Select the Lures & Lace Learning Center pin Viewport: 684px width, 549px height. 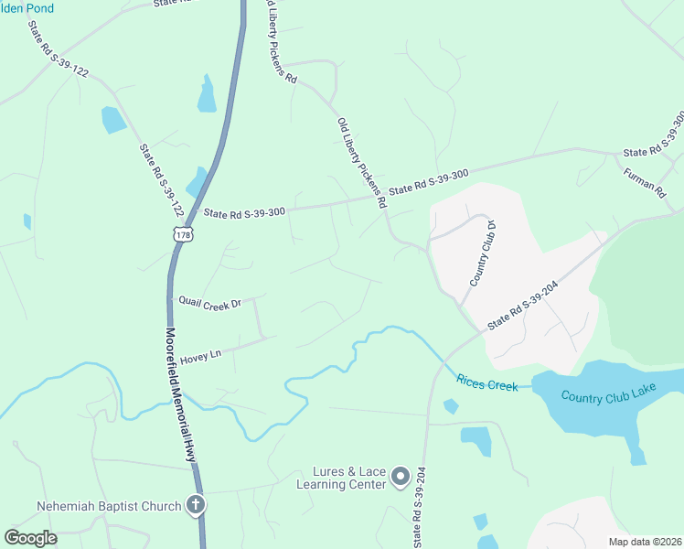401,476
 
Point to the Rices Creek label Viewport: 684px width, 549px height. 486,382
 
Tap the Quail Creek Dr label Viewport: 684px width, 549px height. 209,301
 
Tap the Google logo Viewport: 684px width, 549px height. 31,538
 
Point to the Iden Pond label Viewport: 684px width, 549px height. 27,8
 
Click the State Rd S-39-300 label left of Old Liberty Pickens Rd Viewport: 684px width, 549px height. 244,211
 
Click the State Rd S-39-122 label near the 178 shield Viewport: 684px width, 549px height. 161,179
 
